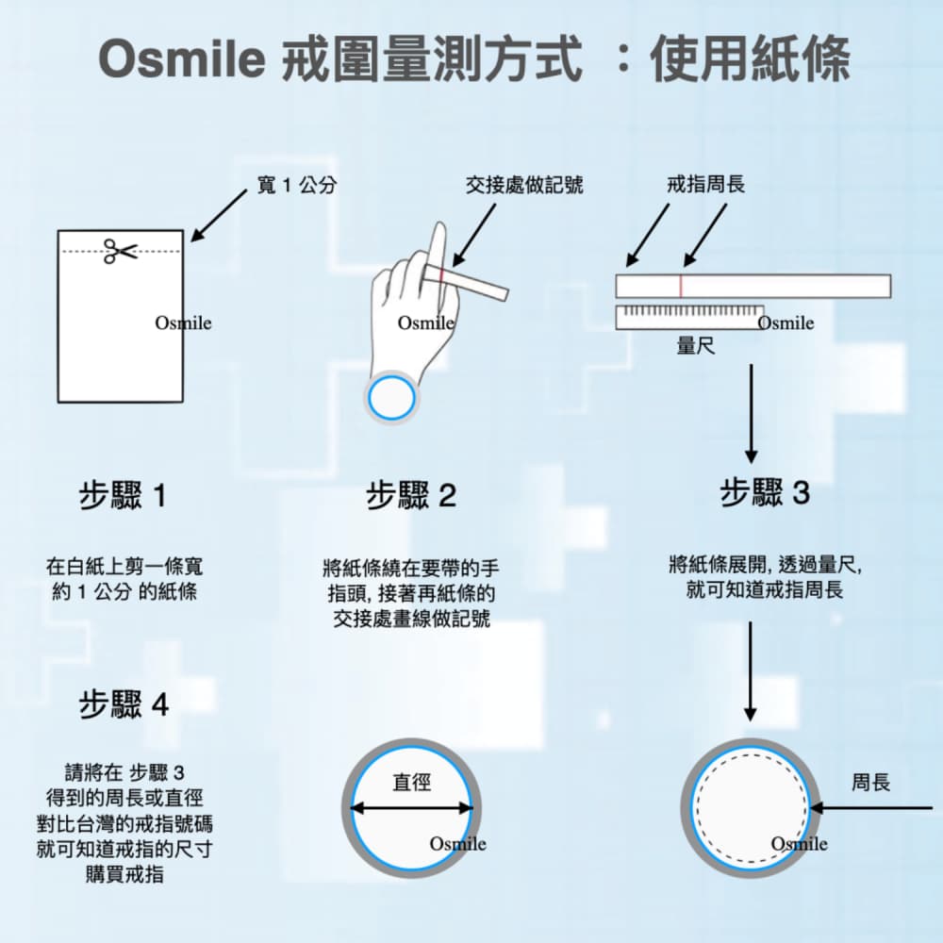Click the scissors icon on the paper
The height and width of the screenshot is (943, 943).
pos(120,251)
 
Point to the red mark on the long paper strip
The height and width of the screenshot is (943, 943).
pos(680,286)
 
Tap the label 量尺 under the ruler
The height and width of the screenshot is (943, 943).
pos(695,346)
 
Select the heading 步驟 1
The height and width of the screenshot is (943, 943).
pos(124,495)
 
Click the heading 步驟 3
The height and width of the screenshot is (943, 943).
pos(765,492)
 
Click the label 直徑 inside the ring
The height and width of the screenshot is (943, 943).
pos(411,782)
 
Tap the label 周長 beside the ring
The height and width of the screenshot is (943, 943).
pos(870,783)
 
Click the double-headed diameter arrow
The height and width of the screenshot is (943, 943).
pos(411,807)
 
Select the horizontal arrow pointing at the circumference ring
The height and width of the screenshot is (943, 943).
pos(872,808)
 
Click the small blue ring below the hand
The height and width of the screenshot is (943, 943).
pos(391,398)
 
